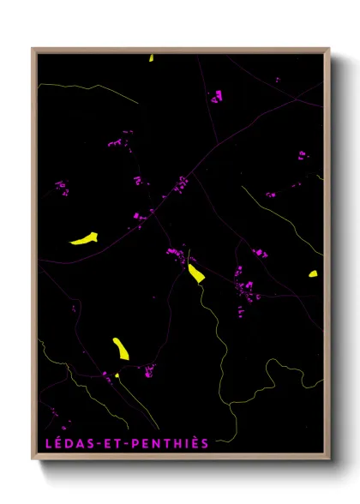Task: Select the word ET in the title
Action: coord(110,443)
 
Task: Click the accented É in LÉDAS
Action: coord(57,443)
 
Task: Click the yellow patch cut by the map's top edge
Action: coord(151,58)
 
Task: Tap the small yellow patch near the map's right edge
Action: coord(313,274)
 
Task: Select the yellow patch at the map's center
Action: coord(196,273)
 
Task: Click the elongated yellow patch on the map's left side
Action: coord(84,238)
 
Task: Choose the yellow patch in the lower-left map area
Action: coord(121,348)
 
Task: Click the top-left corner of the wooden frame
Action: coord(33,49)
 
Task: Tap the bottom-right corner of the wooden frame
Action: coord(330,460)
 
